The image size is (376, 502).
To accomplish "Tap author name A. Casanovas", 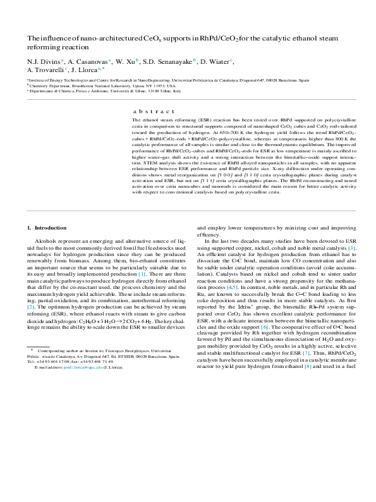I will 88,61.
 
